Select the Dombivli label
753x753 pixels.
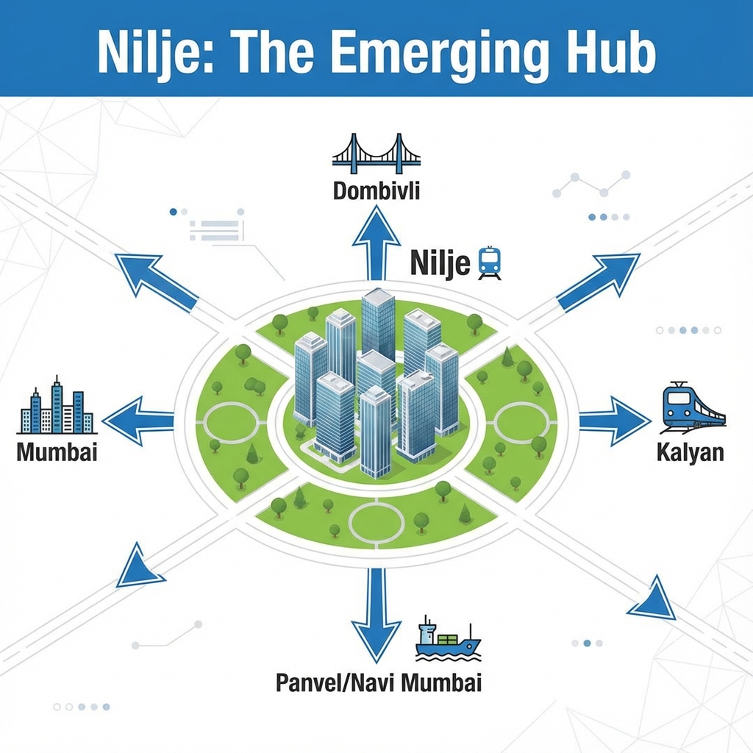pos(376,191)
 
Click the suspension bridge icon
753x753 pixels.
pos(376,153)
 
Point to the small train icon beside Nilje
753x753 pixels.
pos(490,263)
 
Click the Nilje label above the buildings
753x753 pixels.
pos(440,263)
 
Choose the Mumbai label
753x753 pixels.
pos(57,452)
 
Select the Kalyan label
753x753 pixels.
pos(690,452)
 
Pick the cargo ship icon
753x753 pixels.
pos(447,638)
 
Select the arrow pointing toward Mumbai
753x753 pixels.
pos(140,421)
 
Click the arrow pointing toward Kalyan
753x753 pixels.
pos(614,421)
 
